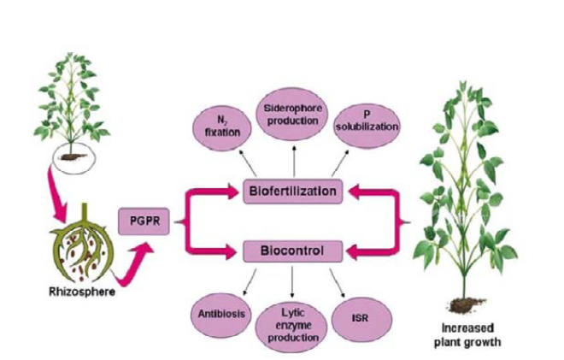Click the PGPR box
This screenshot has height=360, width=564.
click(x=143, y=222)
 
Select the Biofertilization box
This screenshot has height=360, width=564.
click(x=293, y=190)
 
